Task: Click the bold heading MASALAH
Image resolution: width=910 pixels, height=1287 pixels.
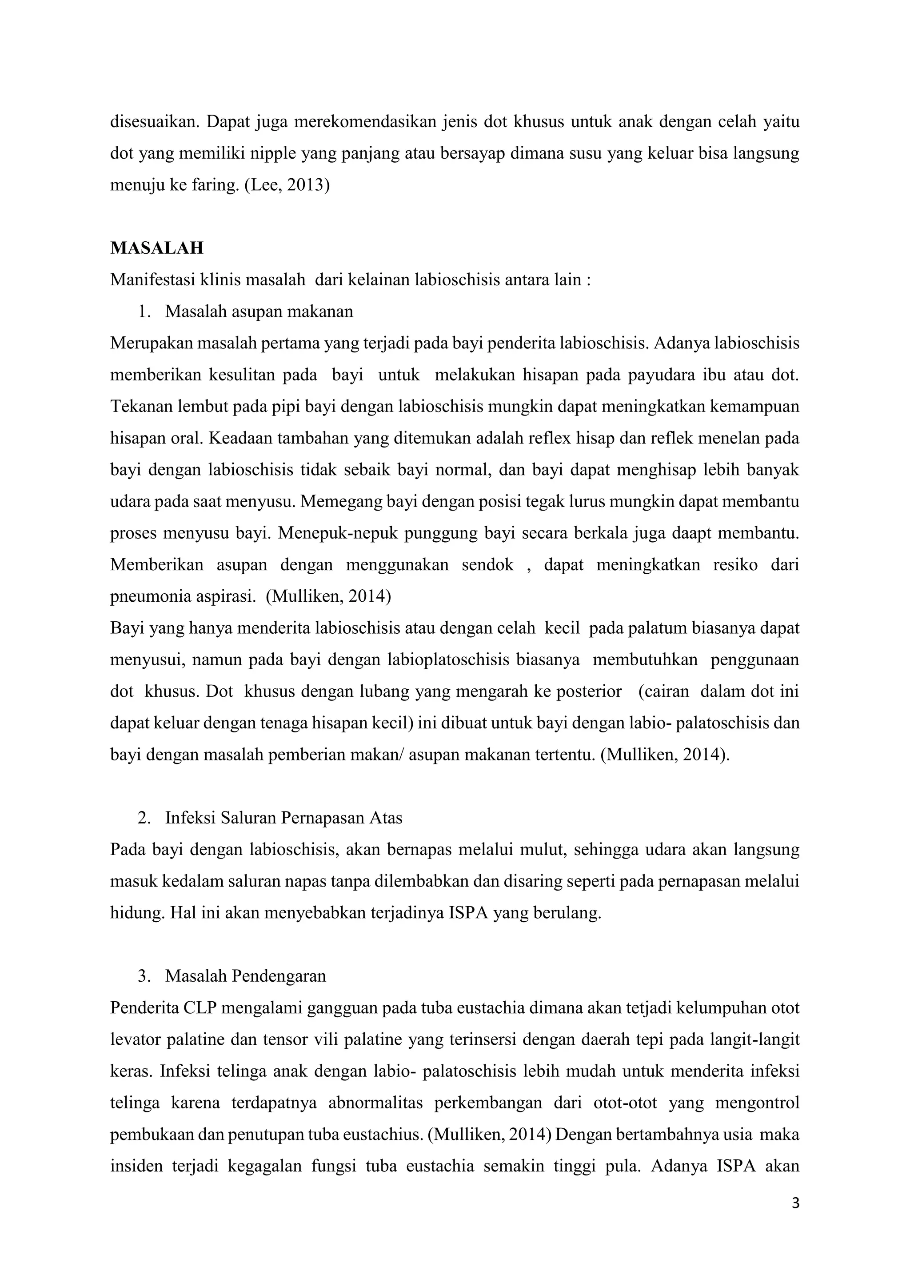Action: tap(156, 248)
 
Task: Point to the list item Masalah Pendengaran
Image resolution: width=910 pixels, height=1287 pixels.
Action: tap(245, 976)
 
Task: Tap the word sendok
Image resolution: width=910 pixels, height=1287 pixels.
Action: tap(487, 564)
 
